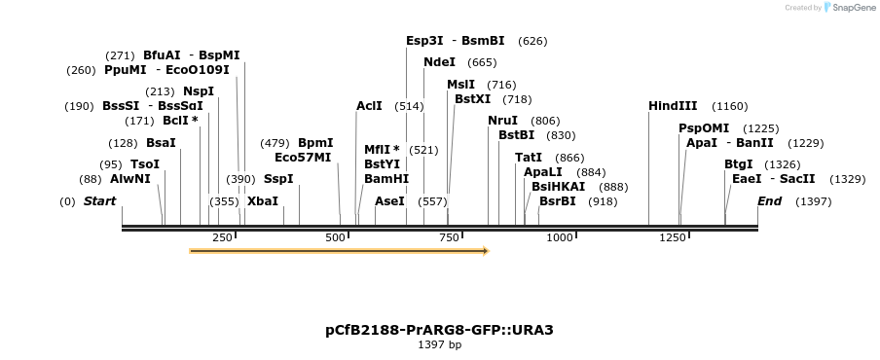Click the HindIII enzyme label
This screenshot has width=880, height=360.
[673, 106]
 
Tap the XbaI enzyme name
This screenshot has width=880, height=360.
[263, 201]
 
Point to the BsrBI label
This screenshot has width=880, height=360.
[558, 201]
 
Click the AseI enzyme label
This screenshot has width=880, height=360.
[389, 201]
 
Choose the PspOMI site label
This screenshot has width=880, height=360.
[704, 128]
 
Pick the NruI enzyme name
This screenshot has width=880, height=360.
[503, 121]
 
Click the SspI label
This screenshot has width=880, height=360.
[278, 179]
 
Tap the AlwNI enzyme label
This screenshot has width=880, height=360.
[130, 179]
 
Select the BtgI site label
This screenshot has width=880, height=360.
[739, 164]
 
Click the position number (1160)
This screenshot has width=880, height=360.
[729, 106]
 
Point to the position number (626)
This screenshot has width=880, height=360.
[532, 41]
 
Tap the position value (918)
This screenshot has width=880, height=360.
[603, 201]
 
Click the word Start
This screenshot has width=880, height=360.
[99, 201]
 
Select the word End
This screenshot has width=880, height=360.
[769, 201]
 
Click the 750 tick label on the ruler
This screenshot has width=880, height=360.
[449, 238]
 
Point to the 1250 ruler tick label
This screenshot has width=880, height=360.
[673, 238]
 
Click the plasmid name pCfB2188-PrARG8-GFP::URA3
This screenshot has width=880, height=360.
[439, 330]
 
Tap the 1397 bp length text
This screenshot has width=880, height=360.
[439, 345]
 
